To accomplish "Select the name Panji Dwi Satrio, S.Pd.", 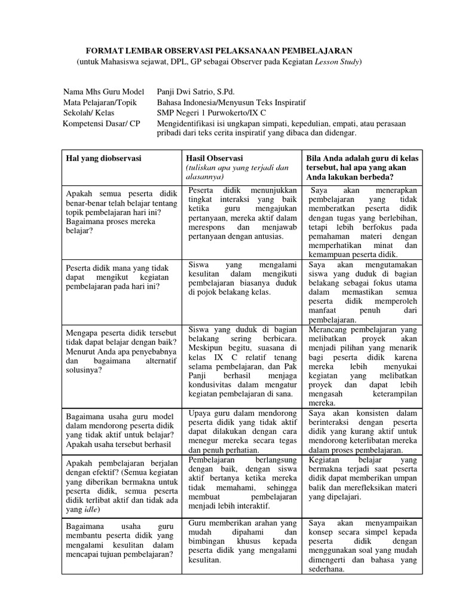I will [x=195, y=91].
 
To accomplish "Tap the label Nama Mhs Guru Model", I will [x=103, y=91].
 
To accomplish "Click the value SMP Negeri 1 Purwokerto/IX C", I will [x=212, y=112].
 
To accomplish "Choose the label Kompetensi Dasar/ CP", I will [x=102, y=123].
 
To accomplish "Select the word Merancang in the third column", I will [x=330, y=329].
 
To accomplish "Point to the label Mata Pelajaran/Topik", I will [x=100, y=102].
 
